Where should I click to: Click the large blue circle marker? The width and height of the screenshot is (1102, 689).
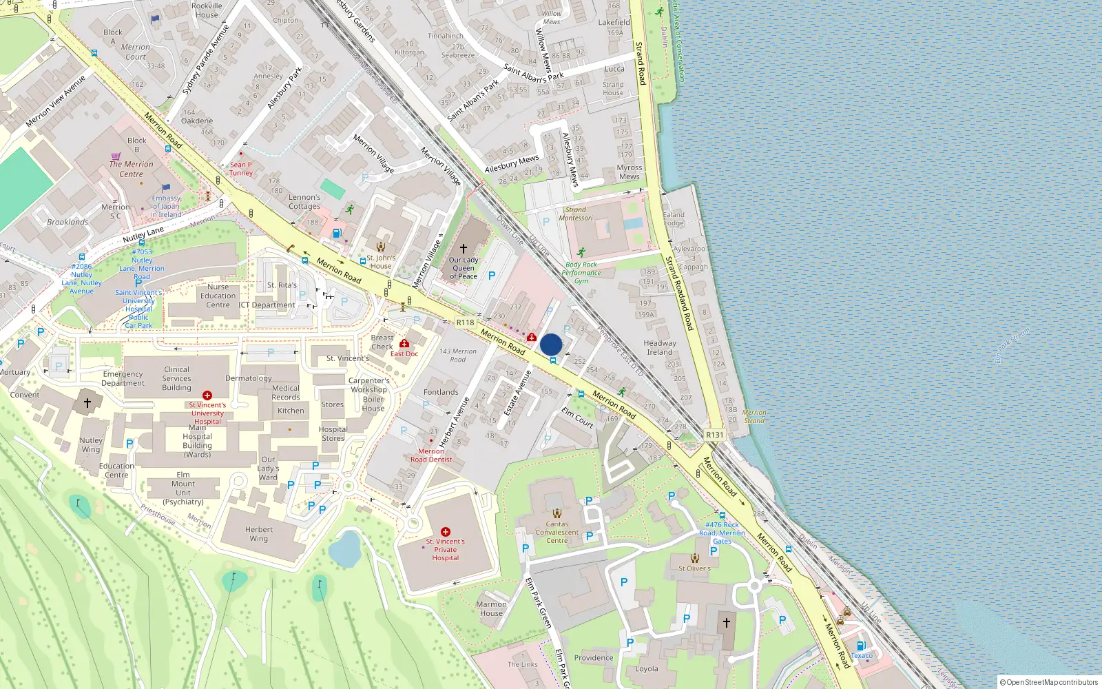point(551,344)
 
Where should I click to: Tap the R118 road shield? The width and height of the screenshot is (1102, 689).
point(466,322)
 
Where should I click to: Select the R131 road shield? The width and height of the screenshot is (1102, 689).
point(715,435)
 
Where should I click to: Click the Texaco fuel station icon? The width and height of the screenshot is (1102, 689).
point(861,646)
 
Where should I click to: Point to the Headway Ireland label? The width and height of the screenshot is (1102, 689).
point(660,347)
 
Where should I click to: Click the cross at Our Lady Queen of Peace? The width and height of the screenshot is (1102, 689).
point(464,248)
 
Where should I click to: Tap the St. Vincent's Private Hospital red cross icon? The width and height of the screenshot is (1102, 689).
point(446,531)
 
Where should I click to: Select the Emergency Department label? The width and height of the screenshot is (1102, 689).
point(123,378)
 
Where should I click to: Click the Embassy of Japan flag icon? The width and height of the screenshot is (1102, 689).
point(166,187)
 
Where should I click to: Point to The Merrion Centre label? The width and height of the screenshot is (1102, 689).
point(131,169)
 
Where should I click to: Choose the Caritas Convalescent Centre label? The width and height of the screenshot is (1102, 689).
point(557,532)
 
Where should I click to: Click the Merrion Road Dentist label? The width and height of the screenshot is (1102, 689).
point(431,455)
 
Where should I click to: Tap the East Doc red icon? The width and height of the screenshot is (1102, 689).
point(404,343)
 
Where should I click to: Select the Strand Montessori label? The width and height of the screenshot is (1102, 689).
point(576,214)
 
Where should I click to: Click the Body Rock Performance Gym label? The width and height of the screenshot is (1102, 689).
point(581,273)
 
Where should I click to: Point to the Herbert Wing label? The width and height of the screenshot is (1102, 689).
point(259,534)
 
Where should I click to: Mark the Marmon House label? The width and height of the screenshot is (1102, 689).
point(491,608)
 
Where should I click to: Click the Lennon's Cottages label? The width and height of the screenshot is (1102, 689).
point(304,201)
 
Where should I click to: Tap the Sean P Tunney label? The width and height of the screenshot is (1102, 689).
point(241,169)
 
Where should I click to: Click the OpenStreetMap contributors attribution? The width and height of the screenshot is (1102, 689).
point(1048,682)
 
